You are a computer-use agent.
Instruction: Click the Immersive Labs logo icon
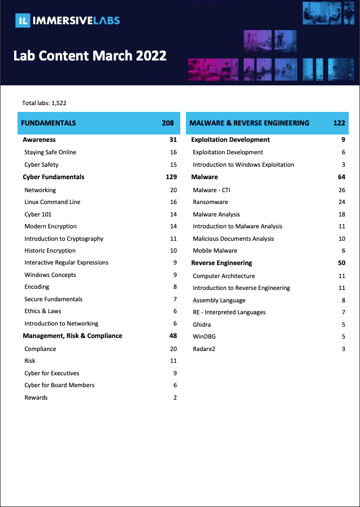(x=23, y=21)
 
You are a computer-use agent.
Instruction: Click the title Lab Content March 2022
(x=90, y=56)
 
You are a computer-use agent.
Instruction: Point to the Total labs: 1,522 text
(x=45, y=103)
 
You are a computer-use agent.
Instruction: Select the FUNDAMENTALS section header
(x=49, y=123)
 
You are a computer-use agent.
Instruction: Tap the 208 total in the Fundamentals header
(x=168, y=123)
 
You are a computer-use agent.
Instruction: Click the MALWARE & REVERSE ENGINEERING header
(x=249, y=123)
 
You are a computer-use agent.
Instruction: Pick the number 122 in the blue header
(x=339, y=123)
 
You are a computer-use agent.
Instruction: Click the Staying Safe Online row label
(x=50, y=152)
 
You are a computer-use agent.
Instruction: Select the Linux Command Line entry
(x=53, y=202)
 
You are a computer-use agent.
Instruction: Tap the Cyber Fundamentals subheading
(x=54, y=177)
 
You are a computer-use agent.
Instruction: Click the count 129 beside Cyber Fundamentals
(x=171, y=177)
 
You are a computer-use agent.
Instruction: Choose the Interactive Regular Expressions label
(x=66, y=262)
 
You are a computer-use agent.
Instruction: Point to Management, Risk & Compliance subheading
(x=72, y=336)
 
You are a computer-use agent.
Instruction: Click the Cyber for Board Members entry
(x=59, y=385)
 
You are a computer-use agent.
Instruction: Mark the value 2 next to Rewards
(x=175, y=397)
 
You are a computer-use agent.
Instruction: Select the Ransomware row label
(x=210, y=202)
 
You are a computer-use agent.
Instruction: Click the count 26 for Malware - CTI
(x=341, y=190)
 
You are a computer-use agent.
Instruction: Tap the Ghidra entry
(x=202, y=324)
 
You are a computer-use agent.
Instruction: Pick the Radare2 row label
(x=204, y=349)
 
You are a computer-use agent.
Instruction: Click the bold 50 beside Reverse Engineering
(x=341, y=263)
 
